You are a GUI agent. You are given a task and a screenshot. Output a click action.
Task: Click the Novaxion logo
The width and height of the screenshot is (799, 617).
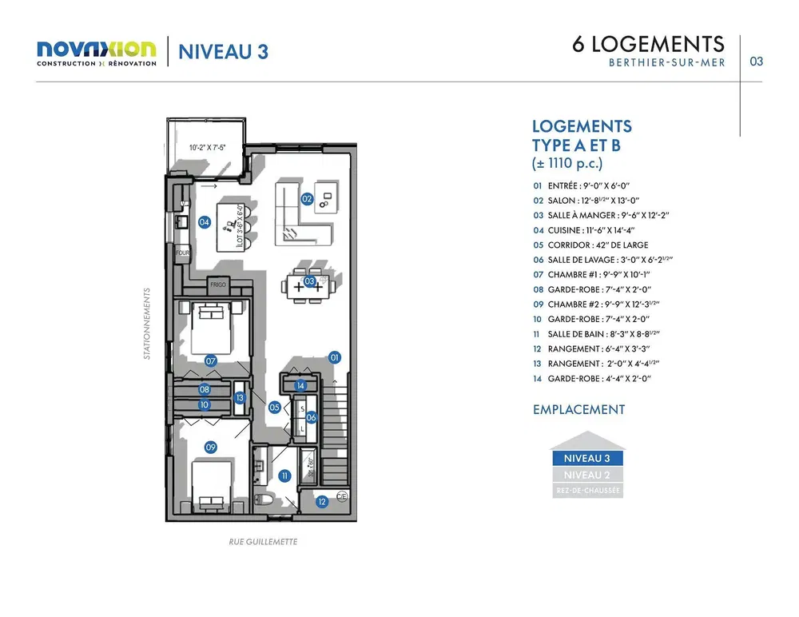[97, 53]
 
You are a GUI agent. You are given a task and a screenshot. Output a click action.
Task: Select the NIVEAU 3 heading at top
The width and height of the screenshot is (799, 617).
[223, 52]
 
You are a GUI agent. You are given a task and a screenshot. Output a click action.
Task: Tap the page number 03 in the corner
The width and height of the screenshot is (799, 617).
[756, 61]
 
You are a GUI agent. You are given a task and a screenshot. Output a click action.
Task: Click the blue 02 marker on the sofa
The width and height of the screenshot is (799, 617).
[307, 198]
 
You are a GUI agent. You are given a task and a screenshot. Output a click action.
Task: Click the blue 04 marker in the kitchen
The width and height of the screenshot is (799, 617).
[205, 222]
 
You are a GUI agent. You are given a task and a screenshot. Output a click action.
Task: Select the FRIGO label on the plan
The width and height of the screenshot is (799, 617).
[218, 285]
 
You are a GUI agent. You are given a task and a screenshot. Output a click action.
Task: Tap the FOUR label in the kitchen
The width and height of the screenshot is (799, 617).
[183, 254]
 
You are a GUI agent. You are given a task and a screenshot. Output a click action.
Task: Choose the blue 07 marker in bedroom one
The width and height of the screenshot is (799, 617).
[211, 361]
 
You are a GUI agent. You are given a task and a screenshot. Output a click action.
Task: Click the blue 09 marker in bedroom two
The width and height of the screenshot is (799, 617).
[211, 448]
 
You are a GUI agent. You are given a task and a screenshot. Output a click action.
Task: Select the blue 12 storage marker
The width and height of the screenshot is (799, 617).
[322, 502]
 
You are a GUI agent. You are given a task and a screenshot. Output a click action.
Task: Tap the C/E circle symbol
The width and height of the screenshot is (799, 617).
[341, 496]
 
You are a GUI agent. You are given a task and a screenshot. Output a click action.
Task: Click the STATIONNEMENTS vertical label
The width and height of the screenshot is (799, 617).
[147, 324]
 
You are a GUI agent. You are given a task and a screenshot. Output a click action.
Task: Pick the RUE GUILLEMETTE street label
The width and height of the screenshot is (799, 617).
[263, 541]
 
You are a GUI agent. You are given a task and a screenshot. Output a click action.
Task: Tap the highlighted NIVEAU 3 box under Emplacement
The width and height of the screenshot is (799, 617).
[586, 459]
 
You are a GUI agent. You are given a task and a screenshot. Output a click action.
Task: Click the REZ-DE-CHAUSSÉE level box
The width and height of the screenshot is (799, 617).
[586, 491]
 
